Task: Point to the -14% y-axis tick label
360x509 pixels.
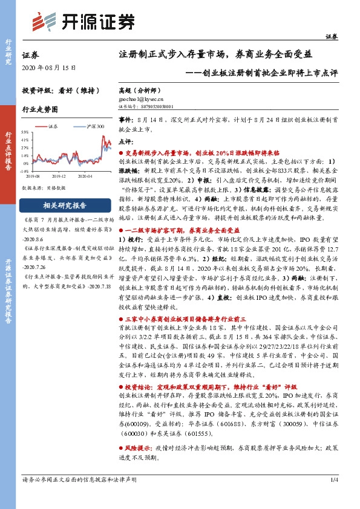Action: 24,171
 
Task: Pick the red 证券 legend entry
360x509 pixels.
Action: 52,126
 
